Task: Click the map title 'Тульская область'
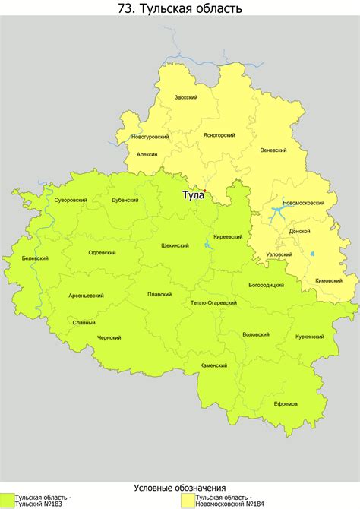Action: point(180,9)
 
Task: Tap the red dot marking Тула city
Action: point(204,190)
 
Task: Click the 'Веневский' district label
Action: point(273,150)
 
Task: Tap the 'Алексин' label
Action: point(147,154)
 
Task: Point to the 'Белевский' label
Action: point(35,258)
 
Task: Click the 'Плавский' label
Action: point(159,294)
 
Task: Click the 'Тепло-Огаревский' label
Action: point(214,302)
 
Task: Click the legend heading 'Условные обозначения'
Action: point(180,487)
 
